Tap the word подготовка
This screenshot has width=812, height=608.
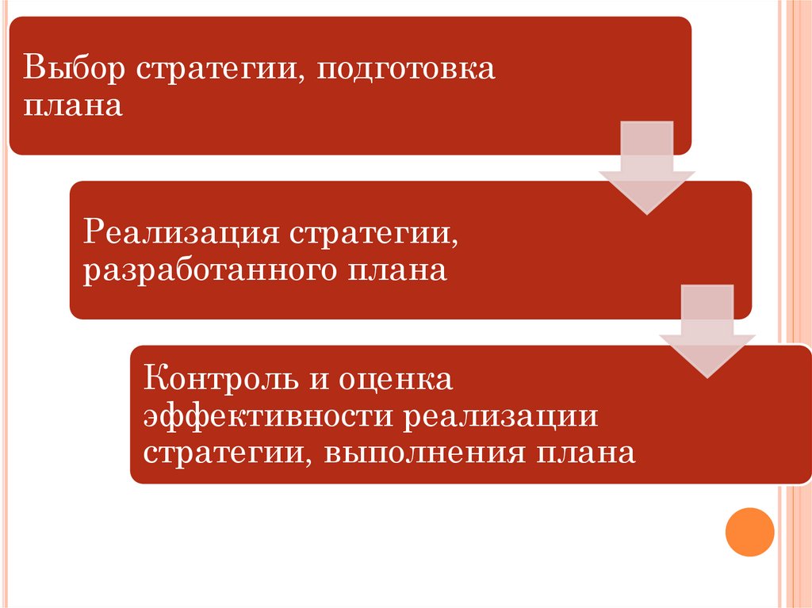tap(407, 69)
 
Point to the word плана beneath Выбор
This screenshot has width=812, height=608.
tap(72, 105)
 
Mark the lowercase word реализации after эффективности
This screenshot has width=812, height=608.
tap(498, 416)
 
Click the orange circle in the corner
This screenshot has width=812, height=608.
tap(749, 532)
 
